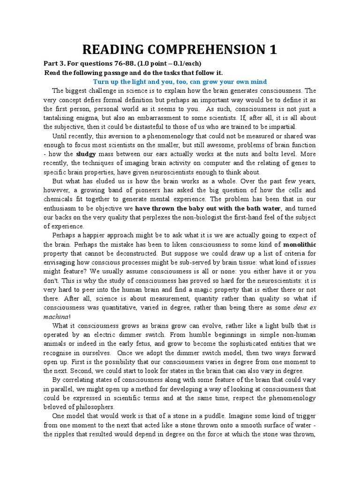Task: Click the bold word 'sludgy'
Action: (87, 153)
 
